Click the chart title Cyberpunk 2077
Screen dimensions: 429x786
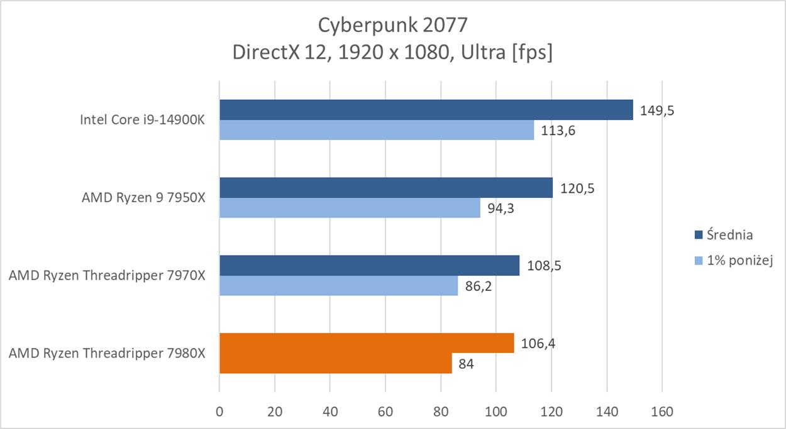tap(392, 24)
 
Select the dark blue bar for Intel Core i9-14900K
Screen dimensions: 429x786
tap(426, 110)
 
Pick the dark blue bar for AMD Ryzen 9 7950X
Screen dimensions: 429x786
tap(385, 188)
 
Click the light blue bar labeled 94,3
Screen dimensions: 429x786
tap(350, 208)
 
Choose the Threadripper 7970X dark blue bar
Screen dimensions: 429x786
tap(369, 266)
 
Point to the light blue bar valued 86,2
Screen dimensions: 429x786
tap(338, 286)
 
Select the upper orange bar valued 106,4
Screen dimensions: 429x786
tap(366, 344)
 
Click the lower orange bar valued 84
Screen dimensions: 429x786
tap(335, 364)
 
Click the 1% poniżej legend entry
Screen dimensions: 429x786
tap(739, 261)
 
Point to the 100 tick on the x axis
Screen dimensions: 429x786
tap(496, 412)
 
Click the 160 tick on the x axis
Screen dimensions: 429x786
tap(662, 412)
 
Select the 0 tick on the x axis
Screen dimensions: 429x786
tap(219, 412)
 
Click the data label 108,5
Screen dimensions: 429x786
tap(543, 266)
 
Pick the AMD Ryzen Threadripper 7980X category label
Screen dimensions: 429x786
tap(107, 354)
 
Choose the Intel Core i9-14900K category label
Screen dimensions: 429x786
tap(142, 120)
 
